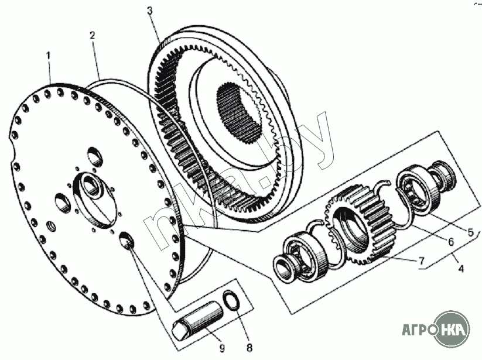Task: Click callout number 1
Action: [x=49, y=56]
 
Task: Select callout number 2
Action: [x=93, y=35]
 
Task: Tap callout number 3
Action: [x=150, y=11]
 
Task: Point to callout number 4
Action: [x=462, y=269]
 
